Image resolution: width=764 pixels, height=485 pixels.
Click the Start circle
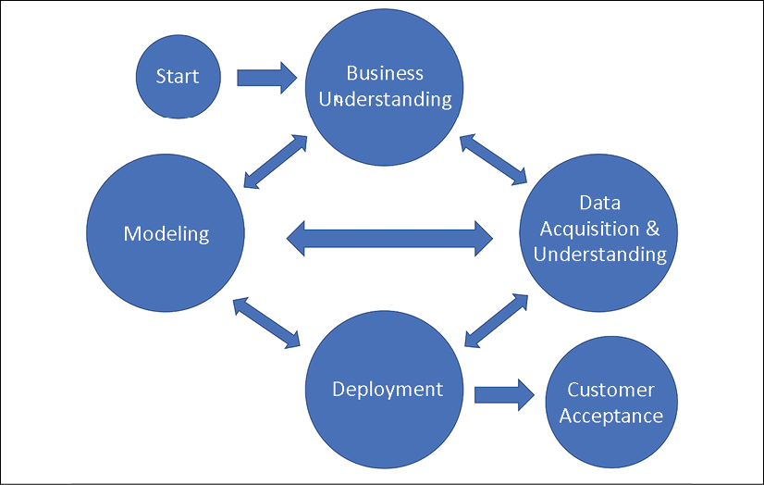[x=179, y=77]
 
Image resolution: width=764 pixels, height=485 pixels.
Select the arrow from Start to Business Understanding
[x=266, y=78]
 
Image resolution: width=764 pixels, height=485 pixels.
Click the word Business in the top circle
[x=385, y=73]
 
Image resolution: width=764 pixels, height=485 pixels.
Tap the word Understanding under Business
[x=386, y=99]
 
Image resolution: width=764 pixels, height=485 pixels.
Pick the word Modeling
[x=166, y=234]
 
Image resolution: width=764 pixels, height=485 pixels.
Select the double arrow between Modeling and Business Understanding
[x=276, y=161]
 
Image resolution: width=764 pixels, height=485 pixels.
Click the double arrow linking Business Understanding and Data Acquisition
[x=493, y=159]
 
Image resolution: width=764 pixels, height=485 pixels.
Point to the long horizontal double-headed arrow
[x=389, y=239]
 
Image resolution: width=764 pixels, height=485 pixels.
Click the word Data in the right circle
[x=599, y=203]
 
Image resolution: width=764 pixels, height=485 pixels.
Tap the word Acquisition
[x=589, y=229]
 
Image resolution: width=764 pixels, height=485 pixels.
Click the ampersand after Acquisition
[x=652, y=228]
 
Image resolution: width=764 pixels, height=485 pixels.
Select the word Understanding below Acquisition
[x=599, y=255]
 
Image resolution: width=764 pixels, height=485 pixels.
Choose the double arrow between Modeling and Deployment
[x=266, y=323]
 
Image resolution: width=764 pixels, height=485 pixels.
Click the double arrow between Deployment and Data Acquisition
[x=497, y=320]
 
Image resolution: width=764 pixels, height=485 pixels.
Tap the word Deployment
[x=388, y=390]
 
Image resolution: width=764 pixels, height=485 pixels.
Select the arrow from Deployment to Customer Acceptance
[x=504, y=395]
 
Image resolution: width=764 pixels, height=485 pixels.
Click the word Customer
[x=611, y=390]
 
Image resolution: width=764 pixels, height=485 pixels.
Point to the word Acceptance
[x=611, y=416]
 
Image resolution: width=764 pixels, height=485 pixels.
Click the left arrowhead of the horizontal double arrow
[x=296, y=239]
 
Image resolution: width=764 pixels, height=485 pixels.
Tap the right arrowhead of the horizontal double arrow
[x=484, y=239]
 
